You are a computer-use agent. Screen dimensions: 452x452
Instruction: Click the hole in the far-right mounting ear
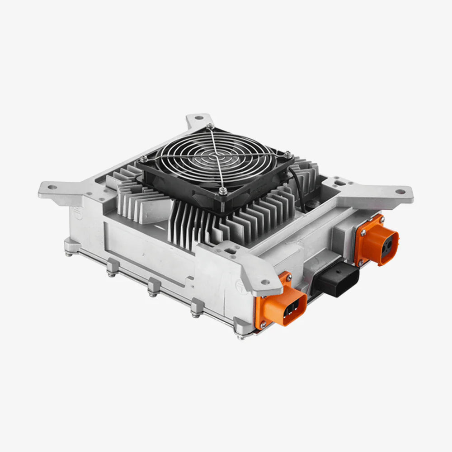(400, 192)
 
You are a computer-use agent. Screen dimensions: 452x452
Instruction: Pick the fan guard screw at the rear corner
(209, 126)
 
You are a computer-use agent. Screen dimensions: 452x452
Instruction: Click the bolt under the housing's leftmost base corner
(69, 253)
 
